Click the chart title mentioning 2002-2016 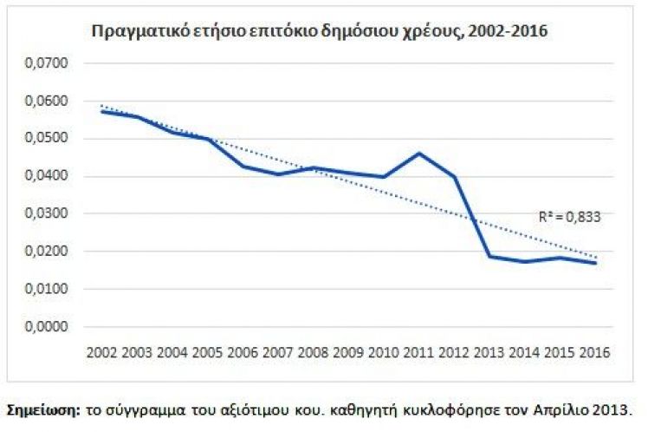click(x=320, y=32)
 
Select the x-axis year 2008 click(x=311, y=353)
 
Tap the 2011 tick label click(x=418, y=353)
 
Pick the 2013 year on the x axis click(x=489, y=353)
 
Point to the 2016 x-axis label click(x=594, y=353)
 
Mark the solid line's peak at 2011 click(x=418, y=154)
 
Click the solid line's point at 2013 click(x=489, y=256)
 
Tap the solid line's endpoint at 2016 click(x=595, y=263)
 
